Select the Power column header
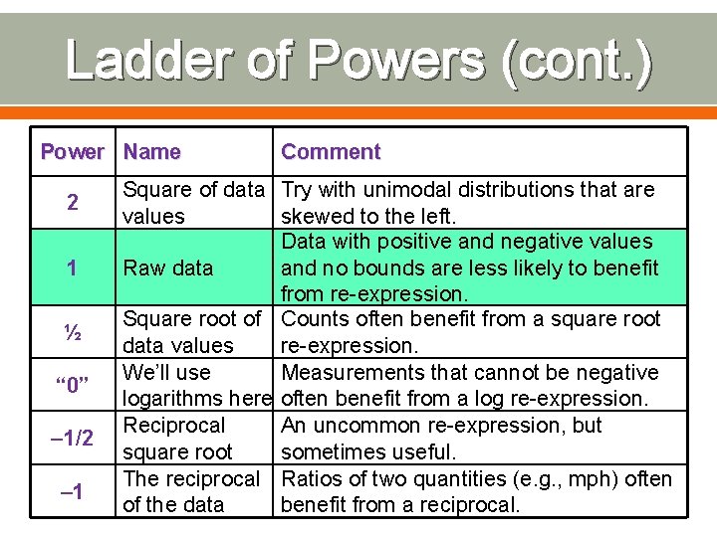point(72,152)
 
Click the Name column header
point(152,152)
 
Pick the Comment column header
point(331,152)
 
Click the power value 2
point(72,203)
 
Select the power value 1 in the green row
point(72,268)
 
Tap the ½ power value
point(72,332)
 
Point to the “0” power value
point(72,386)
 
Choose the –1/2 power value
point(72,439)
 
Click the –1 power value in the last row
point(72,491)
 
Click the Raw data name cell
point(167,268)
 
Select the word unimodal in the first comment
point(407,189)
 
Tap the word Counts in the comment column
point(315,319)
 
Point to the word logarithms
point(176,399)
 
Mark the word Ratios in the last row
point(312,478)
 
